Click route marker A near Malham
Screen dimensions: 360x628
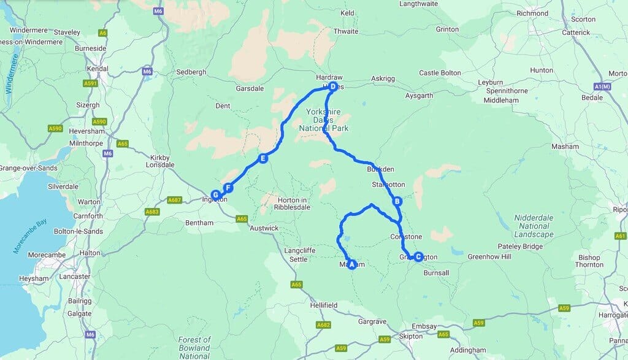point(351,265)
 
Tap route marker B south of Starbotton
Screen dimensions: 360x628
point(397,201)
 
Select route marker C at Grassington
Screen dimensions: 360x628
point(418,257)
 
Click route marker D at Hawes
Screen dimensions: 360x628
point(332,87)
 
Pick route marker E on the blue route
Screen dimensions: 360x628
point(262,158)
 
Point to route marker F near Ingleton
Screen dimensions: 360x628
point(228,188)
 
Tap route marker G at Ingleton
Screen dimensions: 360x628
point(215,194)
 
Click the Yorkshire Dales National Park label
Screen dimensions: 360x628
point(324,120)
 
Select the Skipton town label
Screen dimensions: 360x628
point(410,336)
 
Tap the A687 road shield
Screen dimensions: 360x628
point(175,200)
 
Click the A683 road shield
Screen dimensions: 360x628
point(152,212)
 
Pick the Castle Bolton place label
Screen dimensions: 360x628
point(440,73)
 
